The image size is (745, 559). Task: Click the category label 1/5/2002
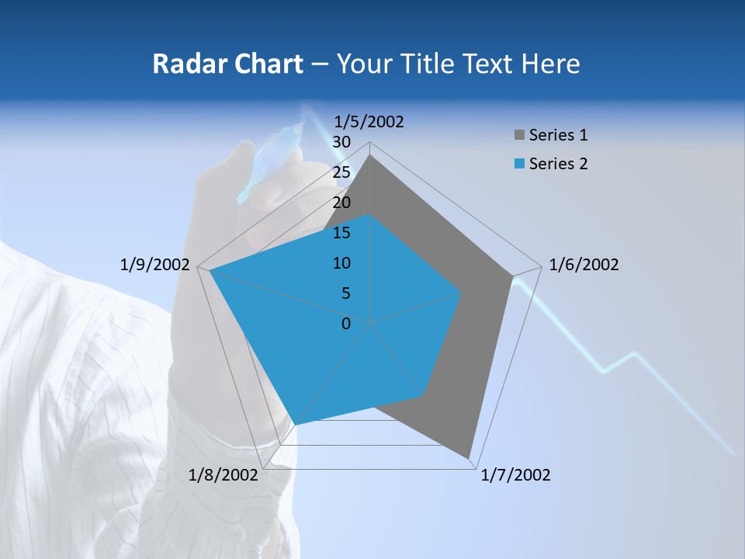click(369, 121)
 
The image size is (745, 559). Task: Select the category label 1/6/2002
click(584, 265)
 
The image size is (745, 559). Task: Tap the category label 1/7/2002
click(515, 475)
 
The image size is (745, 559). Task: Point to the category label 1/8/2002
click(223, 475)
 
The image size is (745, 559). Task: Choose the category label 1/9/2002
click(154, 265)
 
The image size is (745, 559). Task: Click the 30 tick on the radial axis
click(341, 142)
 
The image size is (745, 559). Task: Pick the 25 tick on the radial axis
click(341, 172)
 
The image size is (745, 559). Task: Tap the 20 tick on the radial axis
click(341, 203)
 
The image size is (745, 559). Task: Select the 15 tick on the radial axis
click(341, 233)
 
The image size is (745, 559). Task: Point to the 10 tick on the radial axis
click(341, 263)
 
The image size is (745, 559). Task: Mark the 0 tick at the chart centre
click(346, 323)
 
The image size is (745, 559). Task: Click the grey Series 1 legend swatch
click(519, 136)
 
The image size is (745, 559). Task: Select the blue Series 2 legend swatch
click(519, 165)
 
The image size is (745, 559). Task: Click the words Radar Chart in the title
click(227, 64)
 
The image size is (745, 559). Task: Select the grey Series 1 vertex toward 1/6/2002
click(512, 276)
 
